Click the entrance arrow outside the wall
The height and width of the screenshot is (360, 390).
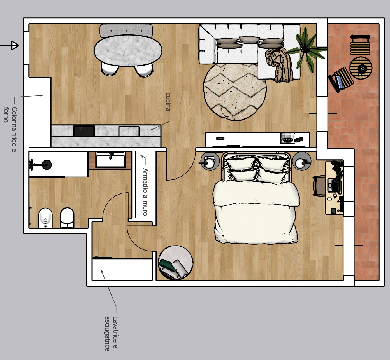pyautogui.click(x=10, y=46)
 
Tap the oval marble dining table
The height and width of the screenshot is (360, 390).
pyautogui.click(x=128, y=50)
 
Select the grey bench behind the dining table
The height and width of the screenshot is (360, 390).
pyautogui.click(x=126, y=31)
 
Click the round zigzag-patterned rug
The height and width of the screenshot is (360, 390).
pyautogui.click(x=235, y=92)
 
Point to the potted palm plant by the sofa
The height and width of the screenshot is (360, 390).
pyautogui.click(x=305, y=50)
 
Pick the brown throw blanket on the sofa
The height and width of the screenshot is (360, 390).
pyautogui.click(x=279, y=65)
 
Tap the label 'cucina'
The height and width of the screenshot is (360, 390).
pyautogui.click(x=168, y=102)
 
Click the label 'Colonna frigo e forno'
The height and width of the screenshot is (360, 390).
pyautogui.click(x=10, y=130)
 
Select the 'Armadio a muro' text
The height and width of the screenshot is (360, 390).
pyautogui.click(x=145, y=192)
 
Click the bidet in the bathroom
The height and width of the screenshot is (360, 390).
pyautogui.click(x=45, y=218)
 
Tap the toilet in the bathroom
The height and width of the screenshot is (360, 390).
pyautogui.click(x=67, y=218)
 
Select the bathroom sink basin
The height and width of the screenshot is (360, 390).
pyautogui.click(x=110, y=159)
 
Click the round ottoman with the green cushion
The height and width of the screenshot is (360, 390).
pyautogui.click(x=176, y=263)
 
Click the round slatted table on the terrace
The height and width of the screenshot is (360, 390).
pyautogui.click(x=361, y=68)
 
